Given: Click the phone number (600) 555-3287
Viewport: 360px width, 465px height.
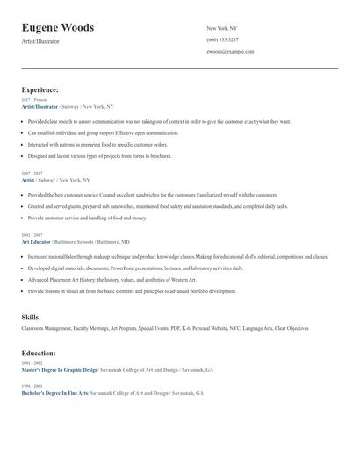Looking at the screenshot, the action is coord(222,40).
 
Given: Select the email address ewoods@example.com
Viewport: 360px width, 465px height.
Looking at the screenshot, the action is coord(230,52).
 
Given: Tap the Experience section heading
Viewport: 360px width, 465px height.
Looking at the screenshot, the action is coord(40,89).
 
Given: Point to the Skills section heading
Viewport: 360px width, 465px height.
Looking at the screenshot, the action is coord(30,316).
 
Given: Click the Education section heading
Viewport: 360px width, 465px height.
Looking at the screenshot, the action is coord(39,353).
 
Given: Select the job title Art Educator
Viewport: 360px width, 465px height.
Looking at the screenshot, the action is coord(36,241).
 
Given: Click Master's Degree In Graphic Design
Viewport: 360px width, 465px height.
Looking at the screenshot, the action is coord(61,370).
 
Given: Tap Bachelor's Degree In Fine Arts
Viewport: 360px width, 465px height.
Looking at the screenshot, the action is coord(55,393).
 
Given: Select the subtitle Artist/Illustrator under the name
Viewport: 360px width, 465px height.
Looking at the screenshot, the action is coord(40,41).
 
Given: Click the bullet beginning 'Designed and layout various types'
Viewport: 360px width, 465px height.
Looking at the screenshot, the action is coord(99,155).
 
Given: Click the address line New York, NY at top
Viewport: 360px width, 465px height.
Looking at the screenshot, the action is coord(223,28).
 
